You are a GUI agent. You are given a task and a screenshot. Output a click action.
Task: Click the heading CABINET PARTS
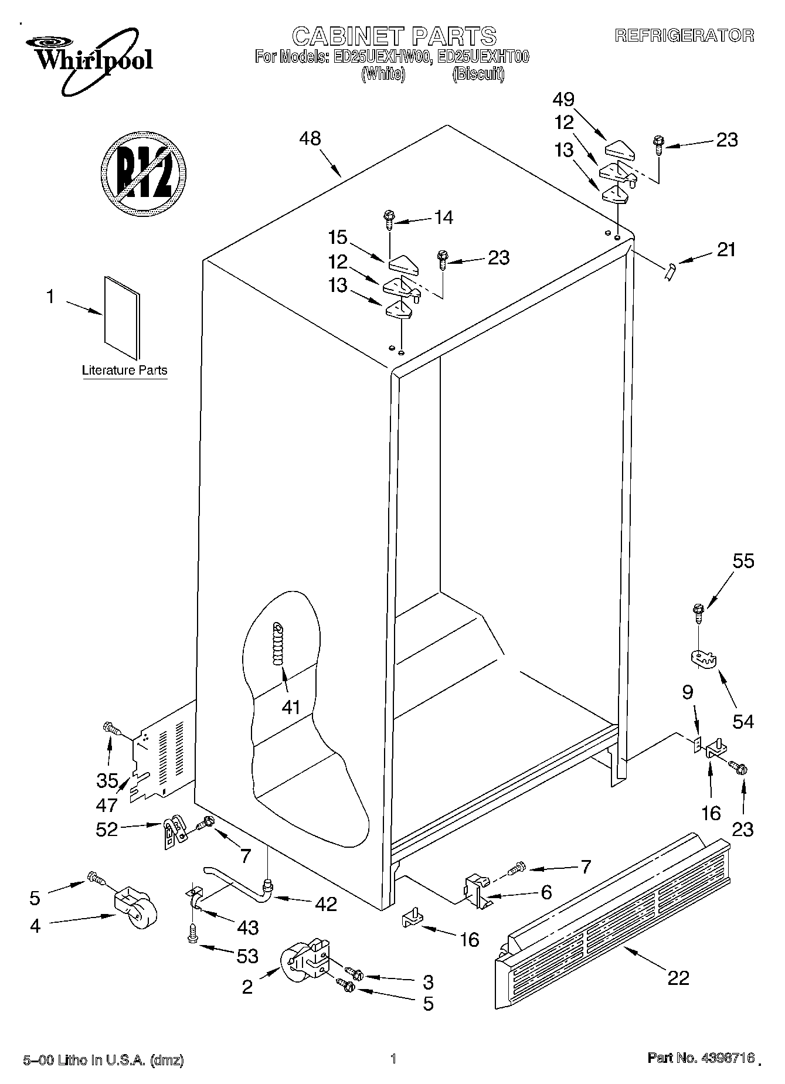[x=394, y=36]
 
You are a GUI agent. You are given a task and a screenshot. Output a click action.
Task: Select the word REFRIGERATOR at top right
[x=684, y=35]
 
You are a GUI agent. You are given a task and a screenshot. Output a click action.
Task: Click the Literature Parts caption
[x=124, y=371]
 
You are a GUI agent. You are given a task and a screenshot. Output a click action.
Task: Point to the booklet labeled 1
[x=123, y=317]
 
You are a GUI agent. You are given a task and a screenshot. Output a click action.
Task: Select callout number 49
[x=563, y=100]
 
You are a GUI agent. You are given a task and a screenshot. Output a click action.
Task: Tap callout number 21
[x=726, y=250]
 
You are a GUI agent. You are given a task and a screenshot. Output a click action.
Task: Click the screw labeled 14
[x=389, y=220]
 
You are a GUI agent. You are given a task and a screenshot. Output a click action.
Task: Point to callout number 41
[x=291, y=707]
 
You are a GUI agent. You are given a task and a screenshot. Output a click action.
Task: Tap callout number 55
[x=743, y=561]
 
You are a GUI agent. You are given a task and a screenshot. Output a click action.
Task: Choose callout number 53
[x=247, y=956]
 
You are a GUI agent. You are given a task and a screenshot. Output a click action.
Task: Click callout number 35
[x=107, y=780]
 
